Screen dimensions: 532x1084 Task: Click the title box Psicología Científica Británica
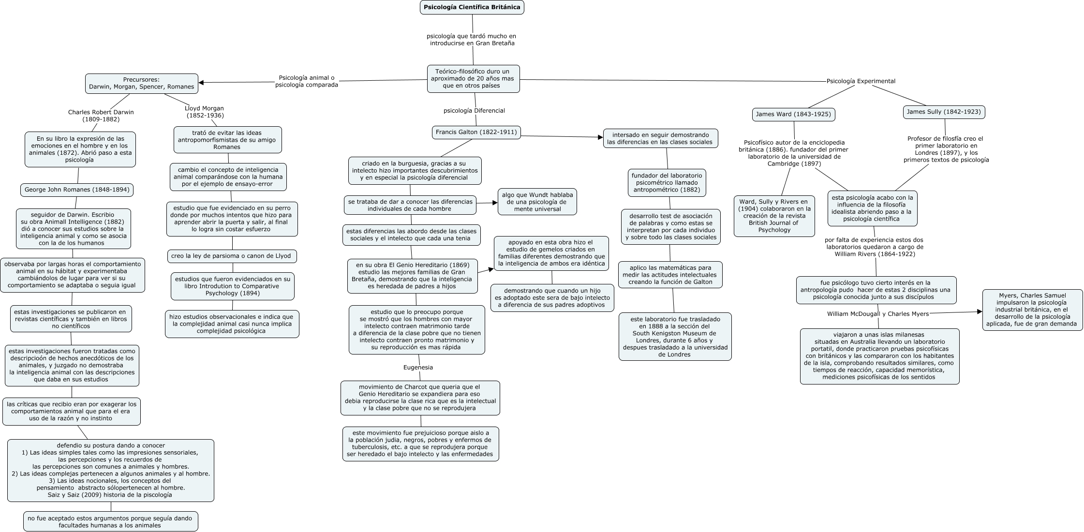coord(472,7)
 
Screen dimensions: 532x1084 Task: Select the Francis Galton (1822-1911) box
coord(476,132)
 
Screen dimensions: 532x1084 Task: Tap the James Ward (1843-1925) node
coord(793,115)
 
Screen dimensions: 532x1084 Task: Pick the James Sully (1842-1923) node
coord(943,112)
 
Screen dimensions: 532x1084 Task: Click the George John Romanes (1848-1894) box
coord(77,190)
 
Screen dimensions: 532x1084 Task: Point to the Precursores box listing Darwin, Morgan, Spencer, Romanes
coord(142,84)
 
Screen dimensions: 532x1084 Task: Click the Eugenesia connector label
coord(418,368)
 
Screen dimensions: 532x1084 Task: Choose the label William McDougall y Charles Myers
coord(878,314)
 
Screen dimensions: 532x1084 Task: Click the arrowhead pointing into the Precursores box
coord(202,83)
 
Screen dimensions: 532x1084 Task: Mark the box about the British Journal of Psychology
coord(774,216)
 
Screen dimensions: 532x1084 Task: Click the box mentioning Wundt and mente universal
coord(537,202)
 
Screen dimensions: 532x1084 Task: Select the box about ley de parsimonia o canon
coord(232,256)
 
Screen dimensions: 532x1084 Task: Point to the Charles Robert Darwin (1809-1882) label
coord(101,116)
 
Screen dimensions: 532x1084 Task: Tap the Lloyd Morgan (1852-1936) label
coord(205,112)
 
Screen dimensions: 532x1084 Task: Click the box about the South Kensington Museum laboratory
coord(675,337)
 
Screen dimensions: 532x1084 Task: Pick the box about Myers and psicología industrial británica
coord(1032,310)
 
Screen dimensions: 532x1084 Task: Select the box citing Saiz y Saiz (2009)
coord(111,471)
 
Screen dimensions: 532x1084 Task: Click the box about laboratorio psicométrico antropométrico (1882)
coord(667,183)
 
